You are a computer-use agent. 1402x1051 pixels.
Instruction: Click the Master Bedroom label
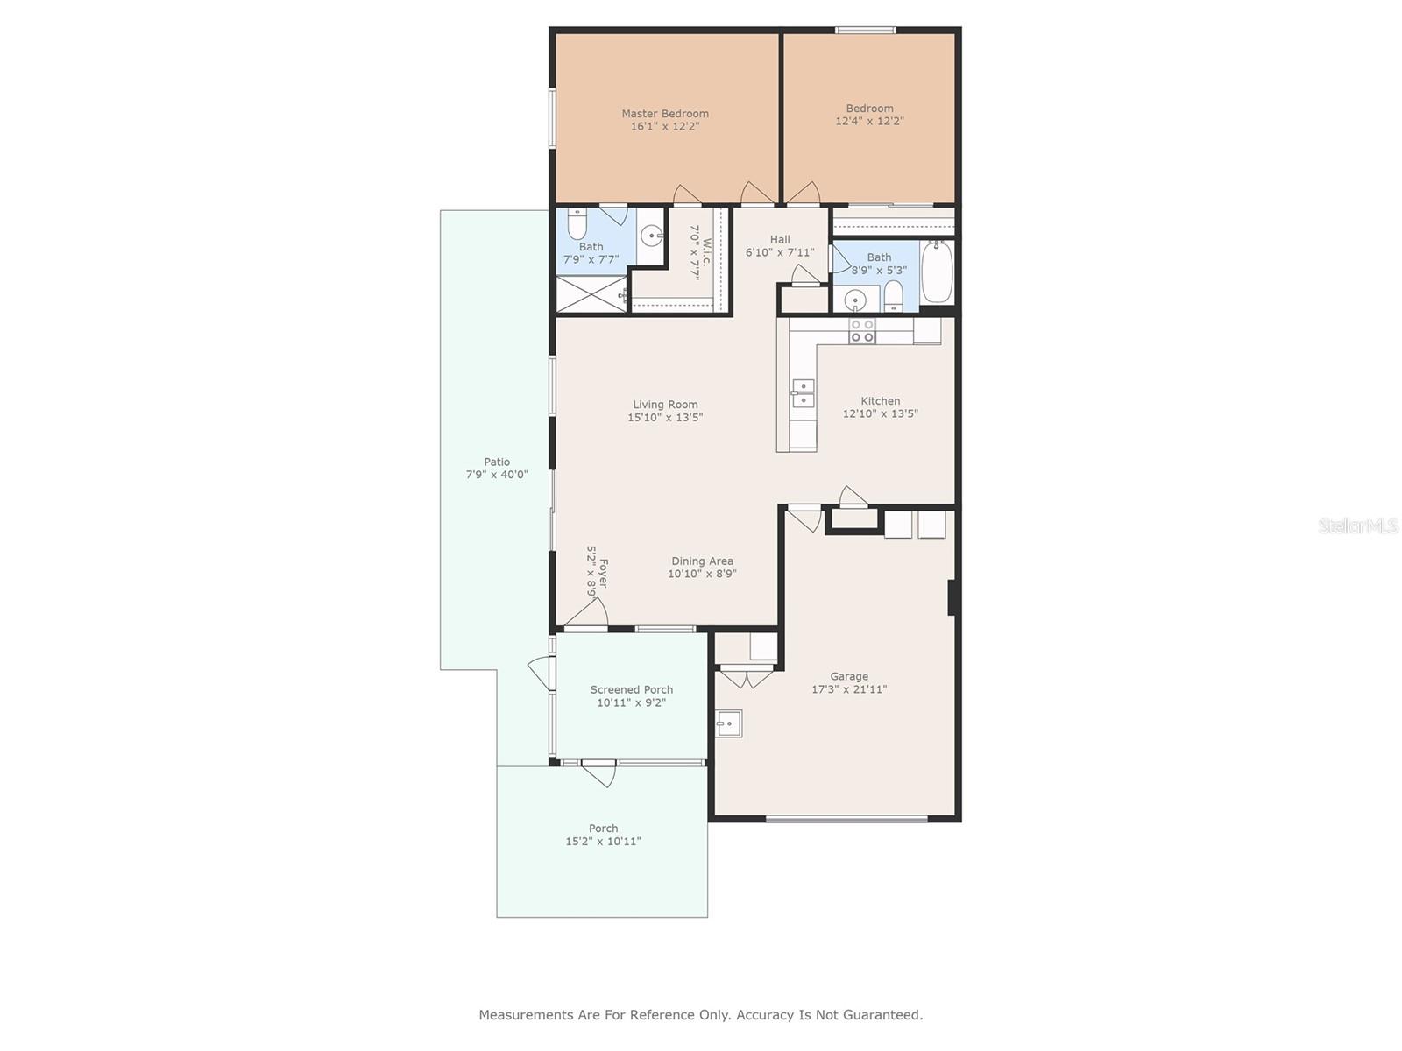tap(665, 114)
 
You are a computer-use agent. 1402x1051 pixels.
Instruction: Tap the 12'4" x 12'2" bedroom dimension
tap(869, 121)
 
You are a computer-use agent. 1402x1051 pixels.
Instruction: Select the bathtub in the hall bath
tap(937, 272)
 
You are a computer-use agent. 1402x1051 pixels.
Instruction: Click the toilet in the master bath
tap(577, 224)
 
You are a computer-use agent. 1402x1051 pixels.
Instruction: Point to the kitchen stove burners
tap(861, 331)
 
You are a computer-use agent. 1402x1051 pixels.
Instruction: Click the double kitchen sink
tap(803, 393)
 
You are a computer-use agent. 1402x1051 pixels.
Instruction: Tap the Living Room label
tap(665, 405)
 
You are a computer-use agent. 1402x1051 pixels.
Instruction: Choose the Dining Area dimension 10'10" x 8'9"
tap(702, 574)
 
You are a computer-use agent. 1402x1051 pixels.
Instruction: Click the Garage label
tap(849, 676)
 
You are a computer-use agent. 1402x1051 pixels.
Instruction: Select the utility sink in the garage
tap(728, 723)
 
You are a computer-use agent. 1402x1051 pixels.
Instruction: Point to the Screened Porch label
tap(631, 689)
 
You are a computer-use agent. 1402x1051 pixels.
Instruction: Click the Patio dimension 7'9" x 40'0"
tap(497, 474)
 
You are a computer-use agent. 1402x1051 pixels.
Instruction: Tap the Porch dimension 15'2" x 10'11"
tap(603, 841)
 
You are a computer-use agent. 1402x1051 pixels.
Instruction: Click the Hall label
tap(780, 239)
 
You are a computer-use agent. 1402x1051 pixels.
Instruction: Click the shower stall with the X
tap(591, 294)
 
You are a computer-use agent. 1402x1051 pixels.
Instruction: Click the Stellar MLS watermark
tap(1358, 525)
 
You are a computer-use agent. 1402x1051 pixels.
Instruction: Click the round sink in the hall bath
tap(855, 298)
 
